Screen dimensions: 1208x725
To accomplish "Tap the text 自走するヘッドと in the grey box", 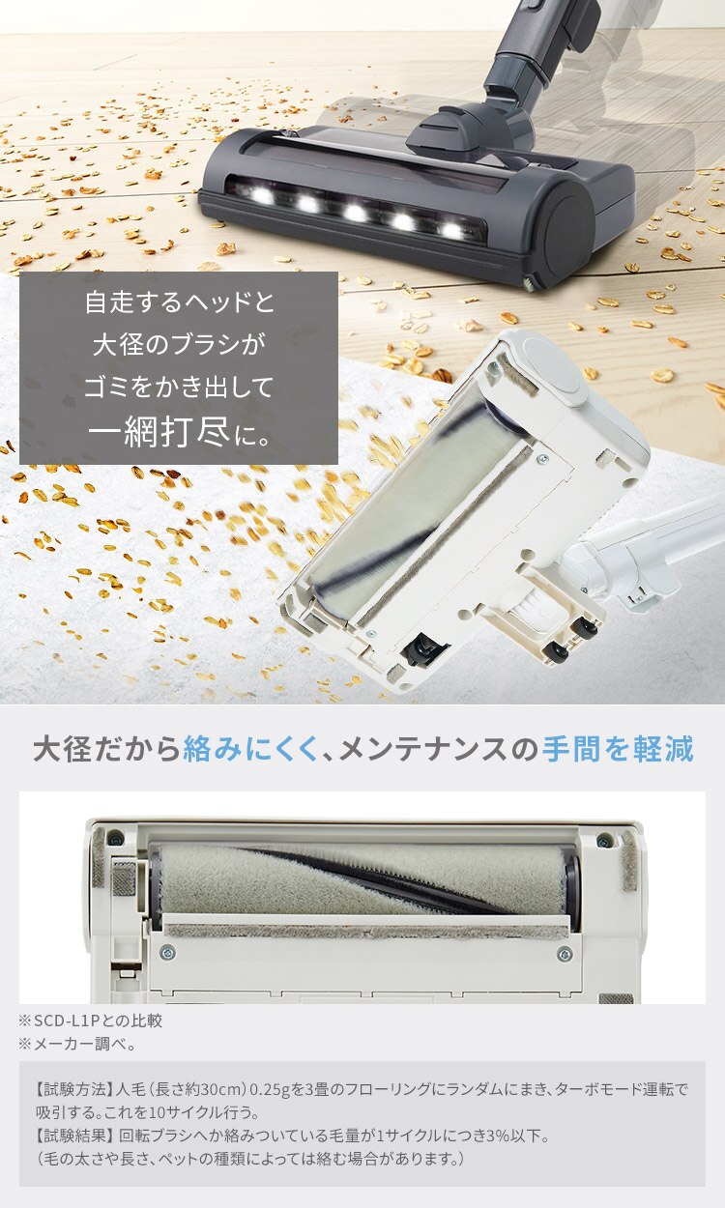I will (180, 302).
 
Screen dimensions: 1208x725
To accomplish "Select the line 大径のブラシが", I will (180, 345).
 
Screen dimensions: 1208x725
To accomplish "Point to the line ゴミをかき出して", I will (180, 388).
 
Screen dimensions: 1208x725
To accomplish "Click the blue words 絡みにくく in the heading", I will (250, 749).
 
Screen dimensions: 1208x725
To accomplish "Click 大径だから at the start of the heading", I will (106, 749).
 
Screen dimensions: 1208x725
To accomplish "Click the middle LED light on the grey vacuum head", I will (356, 213).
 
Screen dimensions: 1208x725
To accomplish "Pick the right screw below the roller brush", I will (565, 954).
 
